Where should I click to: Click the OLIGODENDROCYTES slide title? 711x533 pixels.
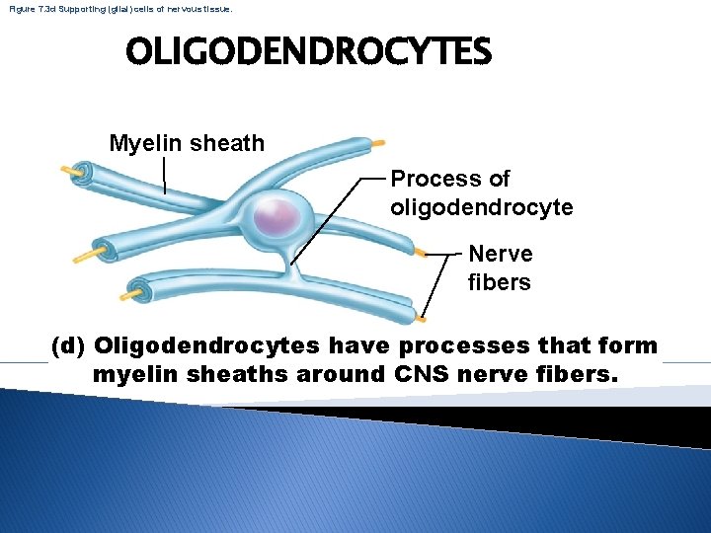pos(307,52)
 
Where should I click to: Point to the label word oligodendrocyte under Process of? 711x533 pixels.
pos(481,208)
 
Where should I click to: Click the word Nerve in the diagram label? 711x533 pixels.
pos(500,254)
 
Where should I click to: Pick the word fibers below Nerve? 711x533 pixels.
pos(499,283)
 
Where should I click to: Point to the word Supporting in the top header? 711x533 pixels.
pos(94,8)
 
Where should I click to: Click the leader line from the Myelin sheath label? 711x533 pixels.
pos(164,175)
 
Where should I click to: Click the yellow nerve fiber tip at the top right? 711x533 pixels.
pos(375,143)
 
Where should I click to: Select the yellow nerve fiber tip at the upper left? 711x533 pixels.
pos(70,170)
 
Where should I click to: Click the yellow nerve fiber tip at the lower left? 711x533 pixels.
pos(129,293)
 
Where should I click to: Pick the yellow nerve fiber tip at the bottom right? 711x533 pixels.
pos(422,318)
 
